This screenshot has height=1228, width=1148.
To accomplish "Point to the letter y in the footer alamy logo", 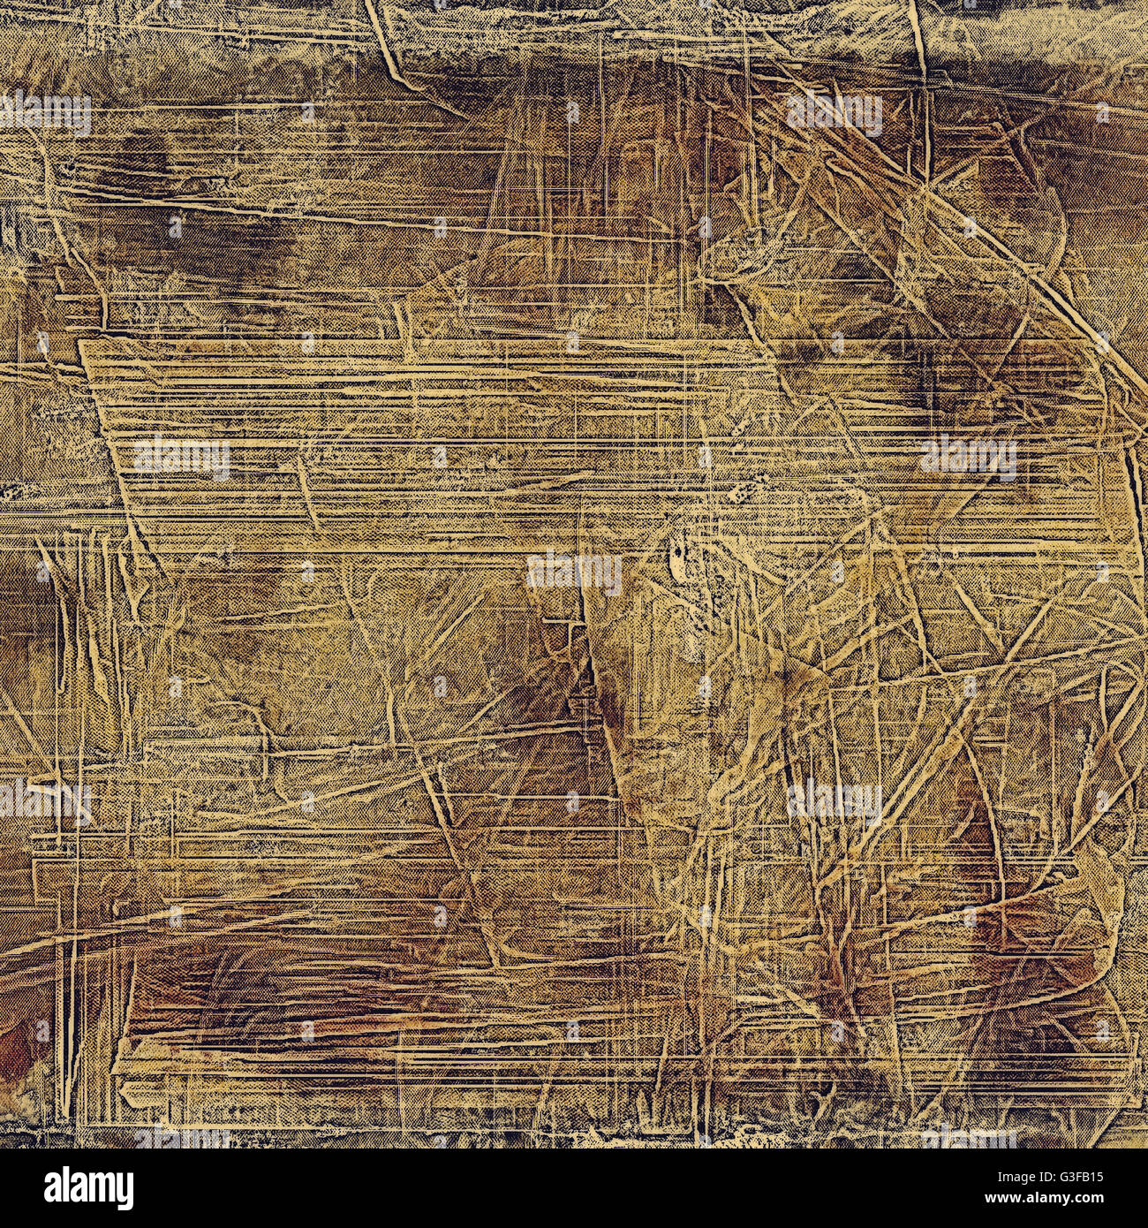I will point(125,1192).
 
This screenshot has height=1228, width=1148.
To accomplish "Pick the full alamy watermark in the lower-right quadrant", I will point(834,801).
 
